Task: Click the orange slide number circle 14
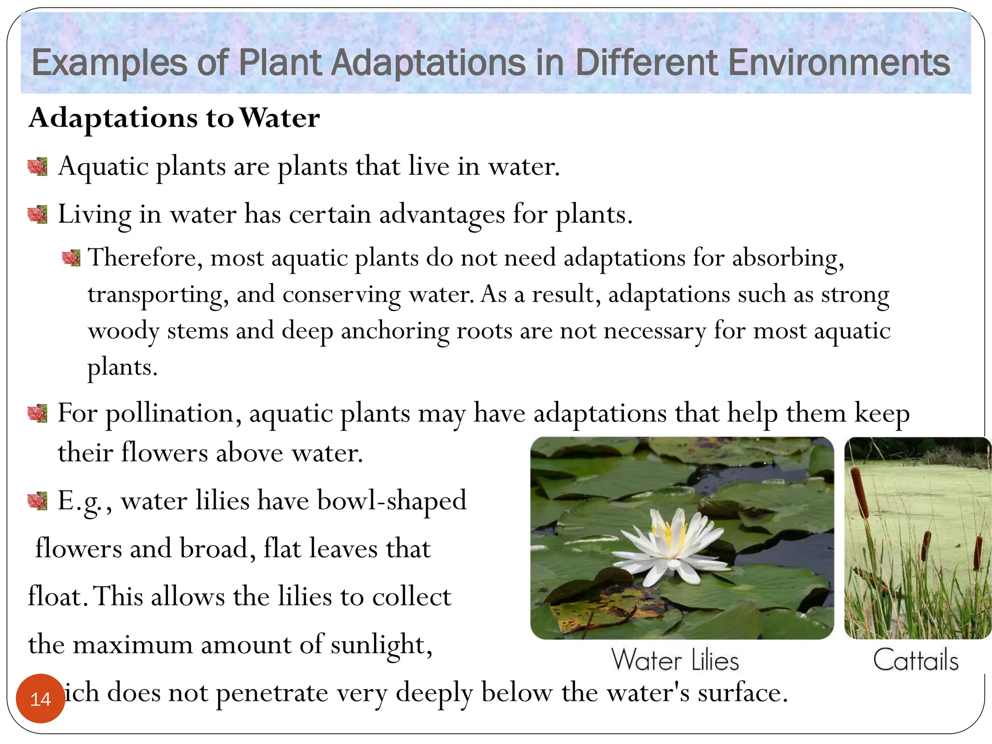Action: (x=40, y=698)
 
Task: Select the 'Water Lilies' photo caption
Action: (x=675, y=660)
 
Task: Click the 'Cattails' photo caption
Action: (x=915, y=660)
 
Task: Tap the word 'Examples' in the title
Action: (x=109, y=62)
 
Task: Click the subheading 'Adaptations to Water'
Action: (x=174, y=118)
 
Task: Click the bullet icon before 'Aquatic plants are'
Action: (x=37, y=167)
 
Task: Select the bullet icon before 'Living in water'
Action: (x=37, y=215)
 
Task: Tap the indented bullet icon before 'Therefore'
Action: (x=71, y=258)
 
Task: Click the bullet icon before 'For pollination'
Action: (x=37, y=414)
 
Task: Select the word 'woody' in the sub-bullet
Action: (x=124, y=331)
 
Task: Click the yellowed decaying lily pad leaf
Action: (x=596, y=608)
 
